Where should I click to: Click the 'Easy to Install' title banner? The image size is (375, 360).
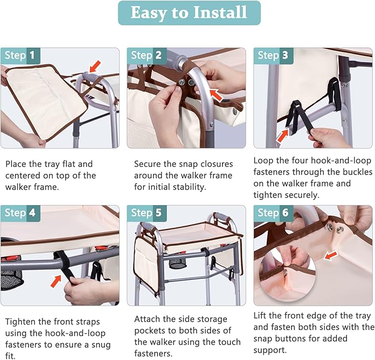click(189, 13)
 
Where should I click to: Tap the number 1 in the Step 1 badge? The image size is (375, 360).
click(32, 55)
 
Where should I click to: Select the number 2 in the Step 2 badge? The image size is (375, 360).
click(159, 55)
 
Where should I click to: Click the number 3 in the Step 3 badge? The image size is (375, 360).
click(285, 55)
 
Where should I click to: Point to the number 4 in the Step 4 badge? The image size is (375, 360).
click(32, 213)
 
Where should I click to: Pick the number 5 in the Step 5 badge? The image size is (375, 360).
click(159, 213)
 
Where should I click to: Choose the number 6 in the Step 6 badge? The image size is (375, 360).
click(285, 213)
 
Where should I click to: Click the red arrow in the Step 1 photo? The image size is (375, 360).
click(95, 66)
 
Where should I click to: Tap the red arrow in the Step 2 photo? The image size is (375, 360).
click(216, 95)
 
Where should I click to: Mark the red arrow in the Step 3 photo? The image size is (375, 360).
click(282, 136)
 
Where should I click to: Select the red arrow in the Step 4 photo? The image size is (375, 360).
click(56, 281)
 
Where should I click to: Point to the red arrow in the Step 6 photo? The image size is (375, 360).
click(330, 255)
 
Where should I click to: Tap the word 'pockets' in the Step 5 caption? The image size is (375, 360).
click(151, 331)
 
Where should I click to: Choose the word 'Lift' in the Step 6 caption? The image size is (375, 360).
click(260, 315)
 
